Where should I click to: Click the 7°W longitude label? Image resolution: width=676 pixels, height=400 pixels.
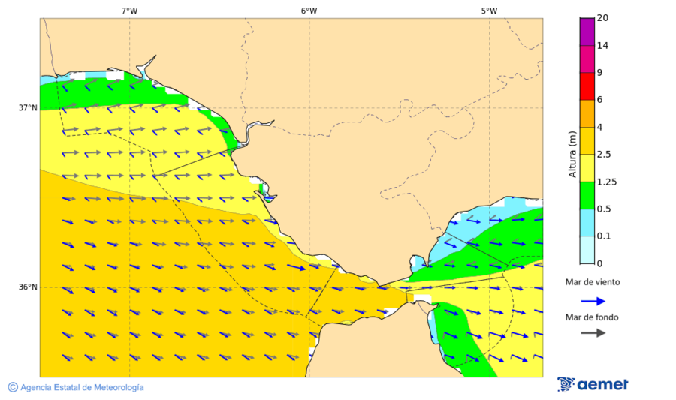[x=129, y=11]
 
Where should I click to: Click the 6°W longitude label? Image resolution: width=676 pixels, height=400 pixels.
[x=309, y=11]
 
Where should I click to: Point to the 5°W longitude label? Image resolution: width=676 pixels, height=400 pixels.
[x=489, y=11]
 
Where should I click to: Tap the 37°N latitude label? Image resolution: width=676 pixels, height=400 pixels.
[x=28, y=107]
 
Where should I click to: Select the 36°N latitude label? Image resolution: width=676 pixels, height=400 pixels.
[x=28, y=287]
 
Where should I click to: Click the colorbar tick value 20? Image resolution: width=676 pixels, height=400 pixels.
[x=602, y=18]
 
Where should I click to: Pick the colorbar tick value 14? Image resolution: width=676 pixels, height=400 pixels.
[x=602, y=46]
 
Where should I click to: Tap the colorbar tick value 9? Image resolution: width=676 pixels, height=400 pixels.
[x=599, y=73]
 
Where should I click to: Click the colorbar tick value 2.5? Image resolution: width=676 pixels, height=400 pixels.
[x=603, y=155]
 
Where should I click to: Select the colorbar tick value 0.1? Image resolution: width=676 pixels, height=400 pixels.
[x=603, y=236]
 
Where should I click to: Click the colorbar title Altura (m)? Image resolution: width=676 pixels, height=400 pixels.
[x=573, y=155]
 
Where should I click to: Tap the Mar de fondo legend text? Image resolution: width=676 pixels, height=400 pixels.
[x=593, y=317]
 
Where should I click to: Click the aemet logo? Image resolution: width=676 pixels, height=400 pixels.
[x=593, y=384]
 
